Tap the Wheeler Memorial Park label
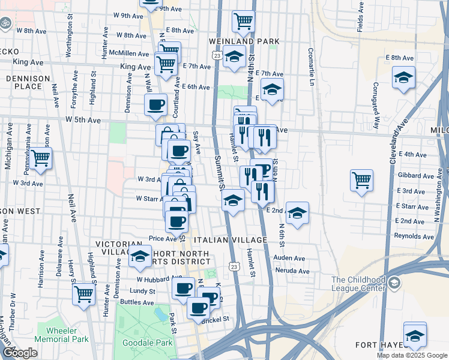tap(62, 334)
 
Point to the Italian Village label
tap(238, 240)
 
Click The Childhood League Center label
tap(358, 284)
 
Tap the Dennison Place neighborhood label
tap(24, 82)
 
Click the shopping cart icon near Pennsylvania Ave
tap(41, 158)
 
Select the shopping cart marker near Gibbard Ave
tap(361, 180)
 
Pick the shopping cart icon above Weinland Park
tap(243, 21)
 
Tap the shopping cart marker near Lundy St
tap(84, 294)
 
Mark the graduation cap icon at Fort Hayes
tap(415, 335)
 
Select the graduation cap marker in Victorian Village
tap(140, 256)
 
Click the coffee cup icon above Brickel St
tap(199, 308)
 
